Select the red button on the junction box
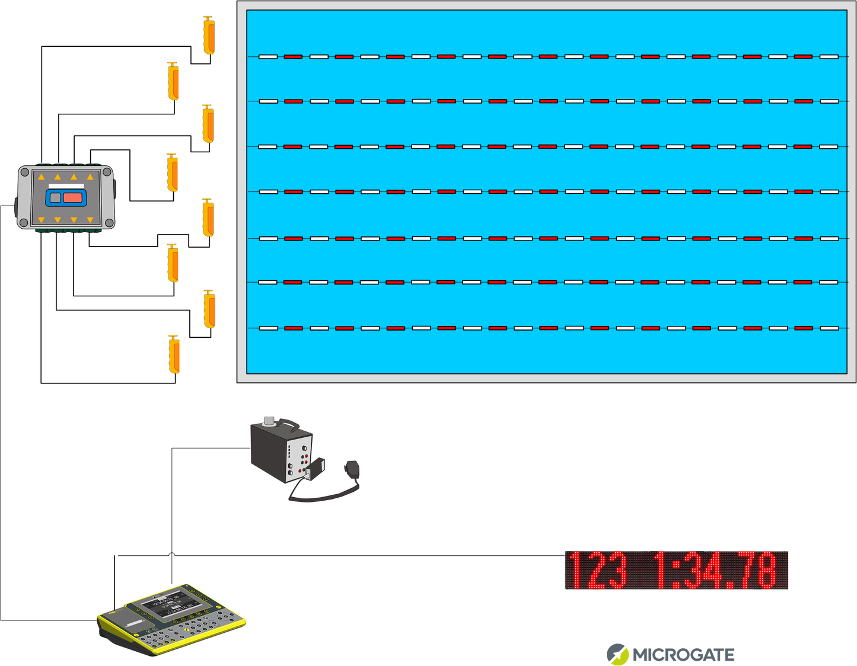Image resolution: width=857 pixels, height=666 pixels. (73, 197)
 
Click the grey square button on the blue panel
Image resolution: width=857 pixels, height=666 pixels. (55, 197)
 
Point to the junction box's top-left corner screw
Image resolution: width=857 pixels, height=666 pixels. (24, 172)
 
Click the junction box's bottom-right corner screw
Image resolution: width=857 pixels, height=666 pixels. (108, 223)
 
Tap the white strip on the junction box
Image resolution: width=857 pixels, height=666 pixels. (66, 186)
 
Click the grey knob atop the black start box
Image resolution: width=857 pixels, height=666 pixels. (269, 421)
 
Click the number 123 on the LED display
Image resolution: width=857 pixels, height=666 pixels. (596, 570)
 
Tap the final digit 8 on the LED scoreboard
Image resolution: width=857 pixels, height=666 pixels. (766, 570)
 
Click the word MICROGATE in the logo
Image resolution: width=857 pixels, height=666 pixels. (683, 655)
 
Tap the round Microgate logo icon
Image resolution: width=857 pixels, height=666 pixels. (617, 654)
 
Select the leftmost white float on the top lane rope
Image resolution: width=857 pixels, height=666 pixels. (268, 57)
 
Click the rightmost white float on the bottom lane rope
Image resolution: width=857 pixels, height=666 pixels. (829, 328)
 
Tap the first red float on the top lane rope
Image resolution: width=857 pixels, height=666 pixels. (293, 57)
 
